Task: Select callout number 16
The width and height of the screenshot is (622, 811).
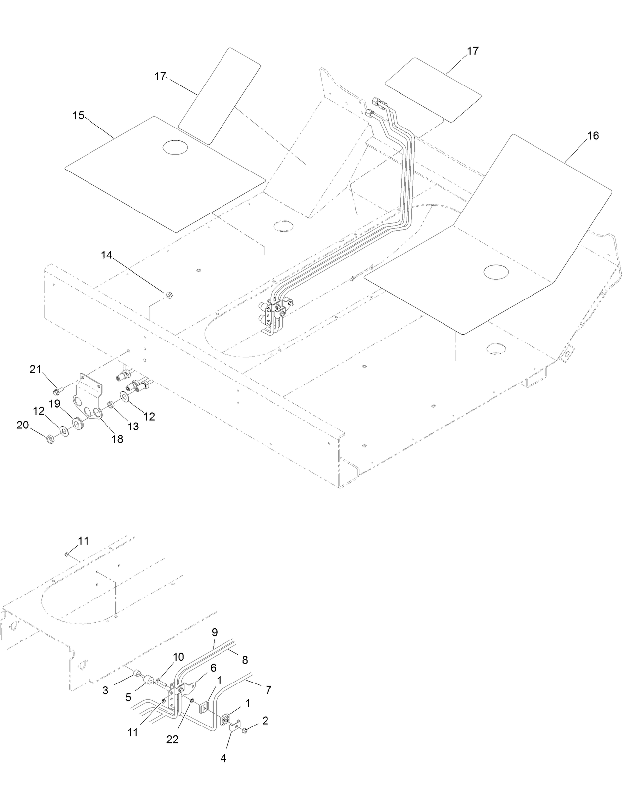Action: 592,136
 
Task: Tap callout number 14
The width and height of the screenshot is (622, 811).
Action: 107,255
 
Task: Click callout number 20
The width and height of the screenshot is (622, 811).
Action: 23,425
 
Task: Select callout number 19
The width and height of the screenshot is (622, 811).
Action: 54,404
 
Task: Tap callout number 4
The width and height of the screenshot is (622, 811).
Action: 223,758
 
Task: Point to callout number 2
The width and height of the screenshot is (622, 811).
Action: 265,721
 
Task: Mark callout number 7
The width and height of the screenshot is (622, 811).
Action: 268,690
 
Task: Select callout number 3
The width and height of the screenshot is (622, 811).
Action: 105,691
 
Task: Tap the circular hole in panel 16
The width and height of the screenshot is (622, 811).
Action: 496,271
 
